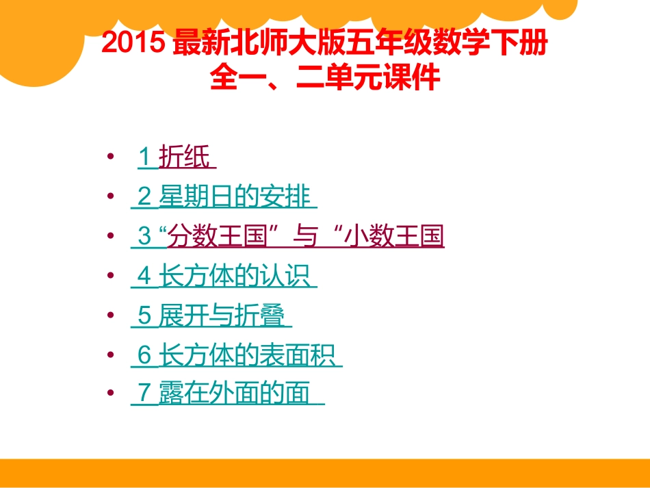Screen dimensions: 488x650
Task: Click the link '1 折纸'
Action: [177, 158]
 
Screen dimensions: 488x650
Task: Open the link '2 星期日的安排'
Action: [224, 198]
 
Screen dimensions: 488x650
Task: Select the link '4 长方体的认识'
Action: [224, 277]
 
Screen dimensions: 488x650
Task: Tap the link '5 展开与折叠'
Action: [211, 316]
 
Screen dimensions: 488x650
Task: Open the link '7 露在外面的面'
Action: [227, 394]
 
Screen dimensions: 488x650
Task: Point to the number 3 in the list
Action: [144, 237]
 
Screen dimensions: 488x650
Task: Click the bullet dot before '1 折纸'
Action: [111, 158]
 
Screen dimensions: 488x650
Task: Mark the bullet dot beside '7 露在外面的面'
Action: [111, 394]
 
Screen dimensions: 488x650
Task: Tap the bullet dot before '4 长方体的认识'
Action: [111, 277]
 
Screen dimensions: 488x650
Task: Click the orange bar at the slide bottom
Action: [325, 472]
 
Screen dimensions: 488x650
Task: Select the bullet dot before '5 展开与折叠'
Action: [111, 316]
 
